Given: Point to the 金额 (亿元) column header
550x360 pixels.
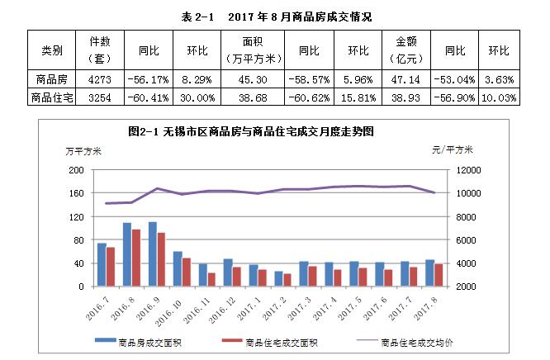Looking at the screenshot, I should (405, 50).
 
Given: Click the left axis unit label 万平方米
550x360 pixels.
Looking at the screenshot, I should (83, 149).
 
